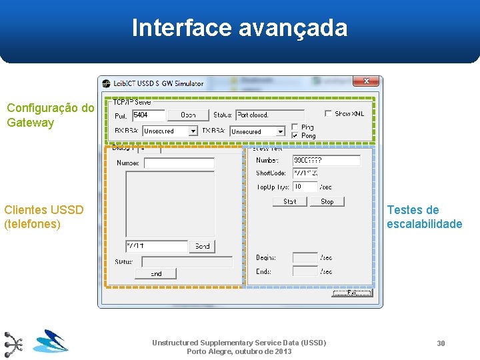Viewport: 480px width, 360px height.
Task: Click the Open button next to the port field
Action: coord(188,115)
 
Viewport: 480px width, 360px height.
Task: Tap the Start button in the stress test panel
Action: coord(290,201)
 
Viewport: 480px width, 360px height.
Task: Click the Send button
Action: coord(202,246)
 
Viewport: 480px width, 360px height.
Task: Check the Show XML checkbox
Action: coord(328,113)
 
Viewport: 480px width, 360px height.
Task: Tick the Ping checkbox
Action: coord(295,127)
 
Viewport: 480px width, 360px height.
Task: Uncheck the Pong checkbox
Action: coord(295,135)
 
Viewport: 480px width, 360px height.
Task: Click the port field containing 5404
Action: coord(148,115)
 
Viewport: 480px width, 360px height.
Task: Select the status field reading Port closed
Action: coord(269,115)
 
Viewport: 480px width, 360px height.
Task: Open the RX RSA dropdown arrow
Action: coord(193,131)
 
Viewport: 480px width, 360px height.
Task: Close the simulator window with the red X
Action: coord(366,82)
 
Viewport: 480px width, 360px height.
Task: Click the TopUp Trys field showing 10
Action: coord(305,187)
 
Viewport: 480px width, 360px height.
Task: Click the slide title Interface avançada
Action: coord(239,28)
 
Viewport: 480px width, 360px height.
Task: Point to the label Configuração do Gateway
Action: coord(50,115)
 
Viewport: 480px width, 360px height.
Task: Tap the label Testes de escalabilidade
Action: coord(424,217)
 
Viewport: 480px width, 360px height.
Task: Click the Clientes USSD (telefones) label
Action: coord(44,217)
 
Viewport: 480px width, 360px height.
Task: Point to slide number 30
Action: coord(441,343)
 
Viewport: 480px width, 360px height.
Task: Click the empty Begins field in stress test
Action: coord(305,257)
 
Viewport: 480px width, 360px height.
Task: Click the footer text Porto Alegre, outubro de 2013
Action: coord(239,351)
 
